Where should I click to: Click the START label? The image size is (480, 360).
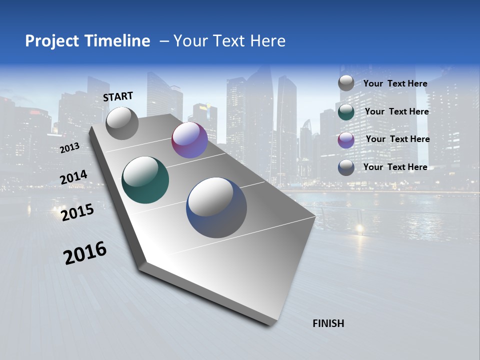[x=118, y=96]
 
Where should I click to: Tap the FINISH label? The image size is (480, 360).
[x=328, y=323]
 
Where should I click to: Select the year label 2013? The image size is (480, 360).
[x=69, y=148]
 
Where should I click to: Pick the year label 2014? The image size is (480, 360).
[x=74, y=177]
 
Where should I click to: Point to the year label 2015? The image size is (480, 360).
[x=77, y=212]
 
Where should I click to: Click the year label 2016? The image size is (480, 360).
[x=85, y=253]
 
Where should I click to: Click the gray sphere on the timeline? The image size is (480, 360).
[x=122, y=123]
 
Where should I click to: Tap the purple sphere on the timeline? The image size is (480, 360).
[x=189, y=140]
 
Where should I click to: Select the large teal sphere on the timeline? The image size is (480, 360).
[x=145, y=180]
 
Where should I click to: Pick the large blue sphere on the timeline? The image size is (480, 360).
[x=216, y=207]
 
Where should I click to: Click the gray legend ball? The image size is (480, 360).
[x=346, y=83]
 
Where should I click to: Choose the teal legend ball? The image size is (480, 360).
[x=346, y=112]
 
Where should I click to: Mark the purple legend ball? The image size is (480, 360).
[x=346, y=140]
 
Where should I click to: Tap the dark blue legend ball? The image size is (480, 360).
[x=346, y=167]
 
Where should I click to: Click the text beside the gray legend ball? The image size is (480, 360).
[x=395, y=83]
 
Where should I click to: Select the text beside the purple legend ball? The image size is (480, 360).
[x=397, y=139]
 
